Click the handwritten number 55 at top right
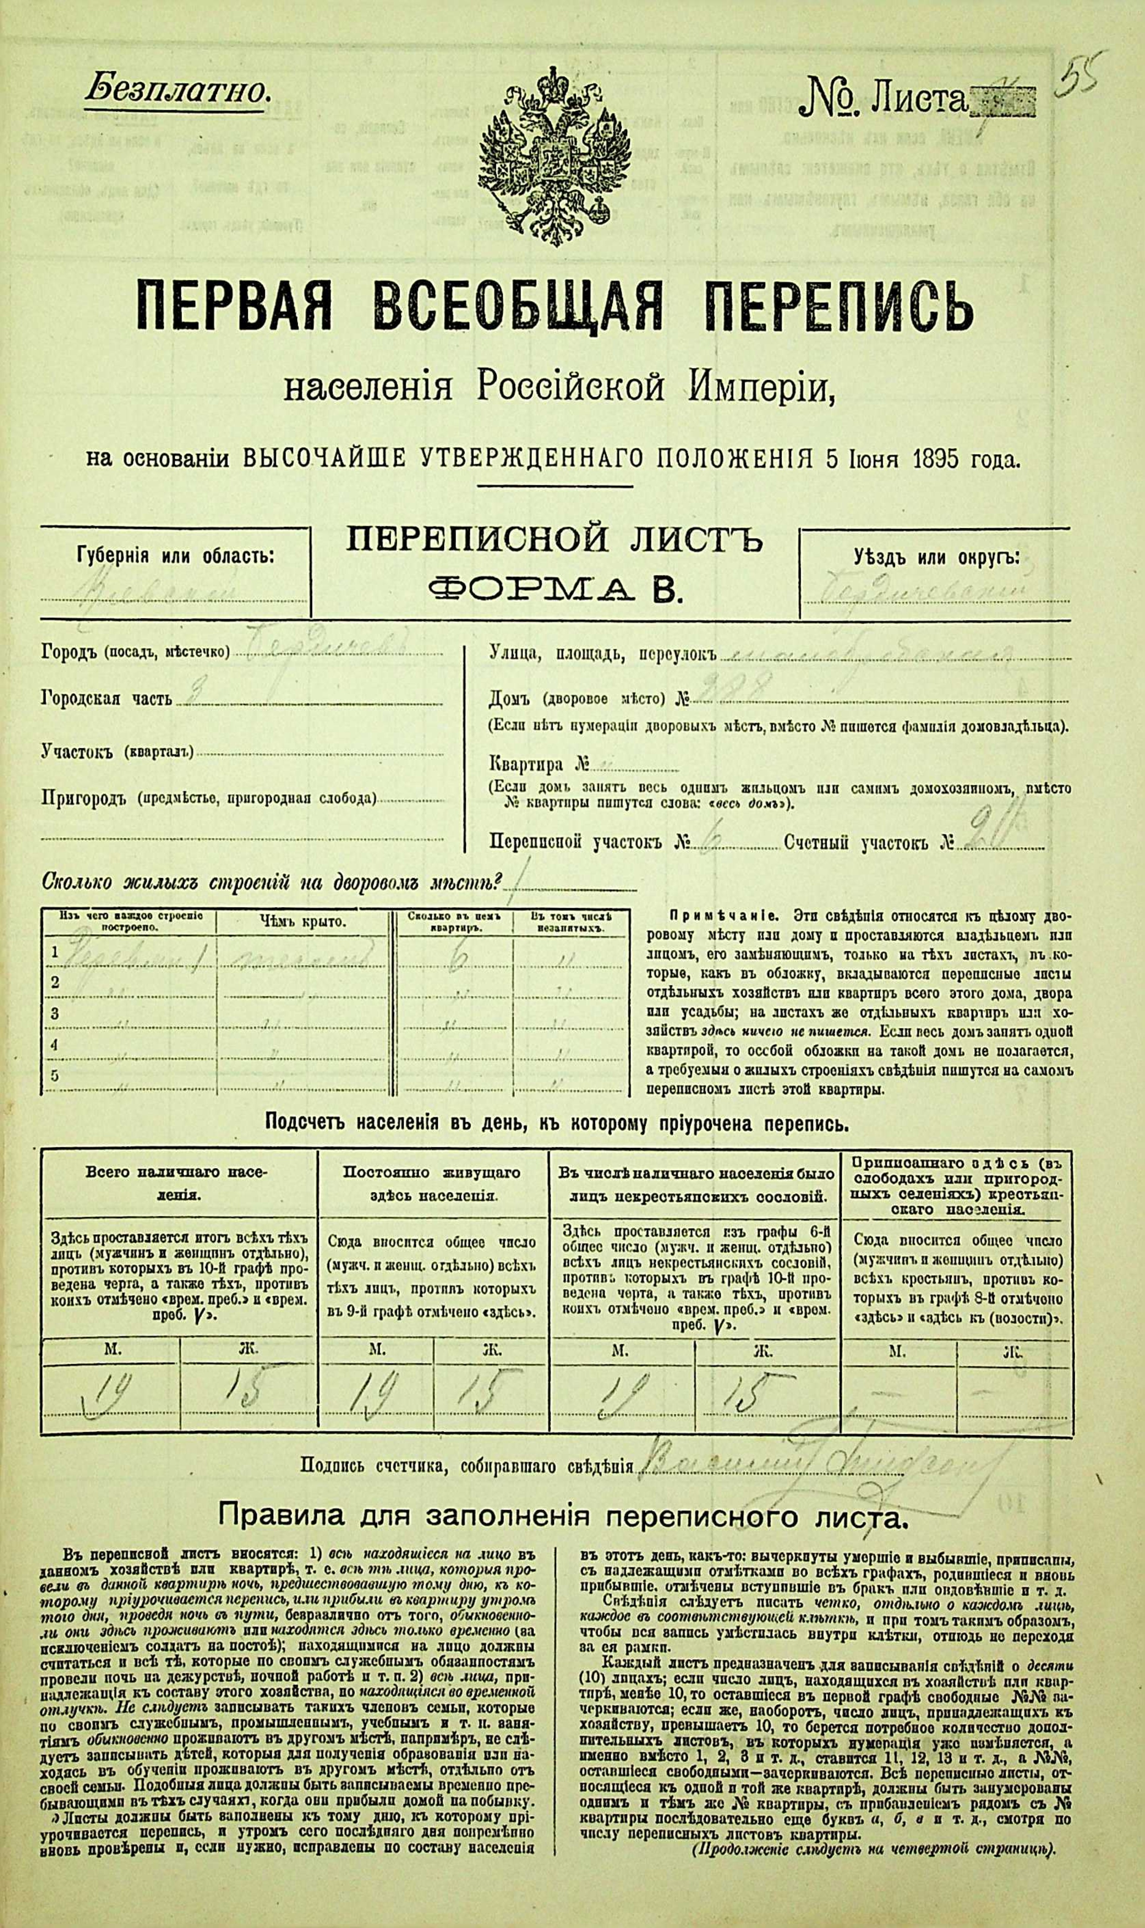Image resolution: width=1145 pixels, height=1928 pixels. point(1084,77)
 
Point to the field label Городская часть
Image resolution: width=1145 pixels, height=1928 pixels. point(106,699)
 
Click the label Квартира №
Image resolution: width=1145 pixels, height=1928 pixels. point(538,765)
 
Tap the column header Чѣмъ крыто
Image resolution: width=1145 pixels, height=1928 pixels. point(302,921)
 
